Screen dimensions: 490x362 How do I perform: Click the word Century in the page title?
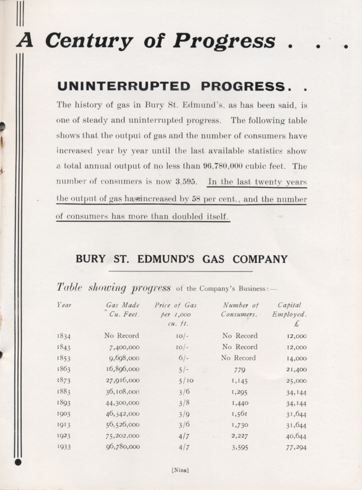point(90,40)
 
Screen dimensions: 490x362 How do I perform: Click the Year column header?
point(63,305)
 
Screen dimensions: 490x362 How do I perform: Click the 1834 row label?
point(64,336)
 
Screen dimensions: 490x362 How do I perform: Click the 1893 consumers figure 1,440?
point(240,403)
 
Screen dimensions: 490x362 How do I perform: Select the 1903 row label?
point(64,414)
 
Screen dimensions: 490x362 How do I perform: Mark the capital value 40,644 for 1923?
point(293,436)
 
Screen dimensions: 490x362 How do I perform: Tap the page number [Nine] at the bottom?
point(180,470)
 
